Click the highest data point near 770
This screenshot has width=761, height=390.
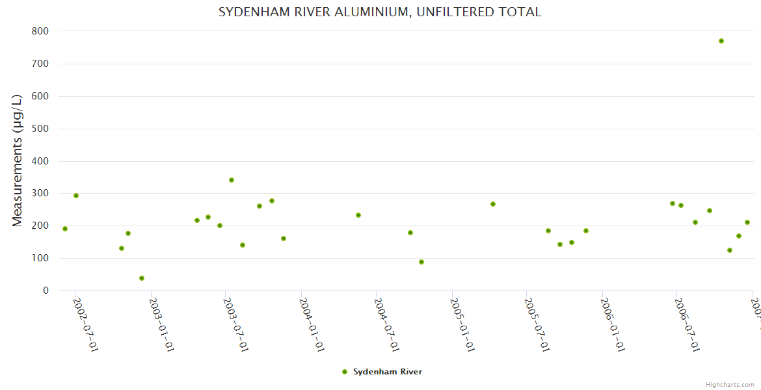[721, 41]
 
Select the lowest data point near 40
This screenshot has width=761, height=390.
[142, 278]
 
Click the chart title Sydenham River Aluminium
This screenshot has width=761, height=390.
[380, 12]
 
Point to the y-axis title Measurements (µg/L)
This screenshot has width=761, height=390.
[18, 161]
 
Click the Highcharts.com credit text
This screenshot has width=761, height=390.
[730, 384]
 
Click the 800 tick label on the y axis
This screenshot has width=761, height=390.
[40, 31]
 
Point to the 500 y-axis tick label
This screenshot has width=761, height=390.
[40, 129]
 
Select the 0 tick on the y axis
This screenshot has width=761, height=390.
[46, 291]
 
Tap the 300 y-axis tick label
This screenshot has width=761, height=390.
[40, 194]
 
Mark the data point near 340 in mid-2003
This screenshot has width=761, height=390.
[232, 180]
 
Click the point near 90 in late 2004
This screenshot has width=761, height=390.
[421, 262]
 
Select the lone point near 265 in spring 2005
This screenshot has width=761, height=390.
[493, 204]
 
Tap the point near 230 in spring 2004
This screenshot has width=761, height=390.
[358, 215]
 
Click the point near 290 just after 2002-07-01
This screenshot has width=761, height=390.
[76, 196]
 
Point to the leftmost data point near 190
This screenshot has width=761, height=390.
[65, 229]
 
